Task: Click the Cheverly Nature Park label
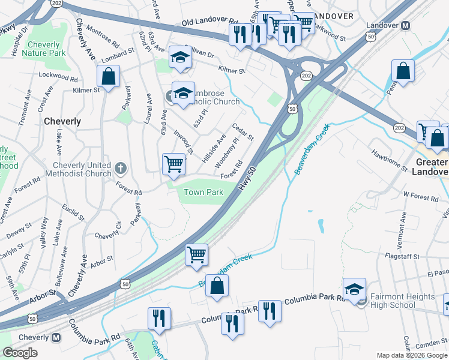(43, 49)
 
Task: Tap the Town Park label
(203, 192)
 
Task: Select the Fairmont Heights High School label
(402, 301)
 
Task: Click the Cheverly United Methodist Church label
(82, 169)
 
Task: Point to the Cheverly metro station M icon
(56, 338)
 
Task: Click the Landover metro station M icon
(405, 26)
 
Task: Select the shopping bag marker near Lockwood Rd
(107, 76)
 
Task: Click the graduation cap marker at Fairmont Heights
(354, 289)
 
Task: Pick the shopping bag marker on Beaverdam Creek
(217, 286)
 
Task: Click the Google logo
(20, 353)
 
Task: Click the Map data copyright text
(412, 355)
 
